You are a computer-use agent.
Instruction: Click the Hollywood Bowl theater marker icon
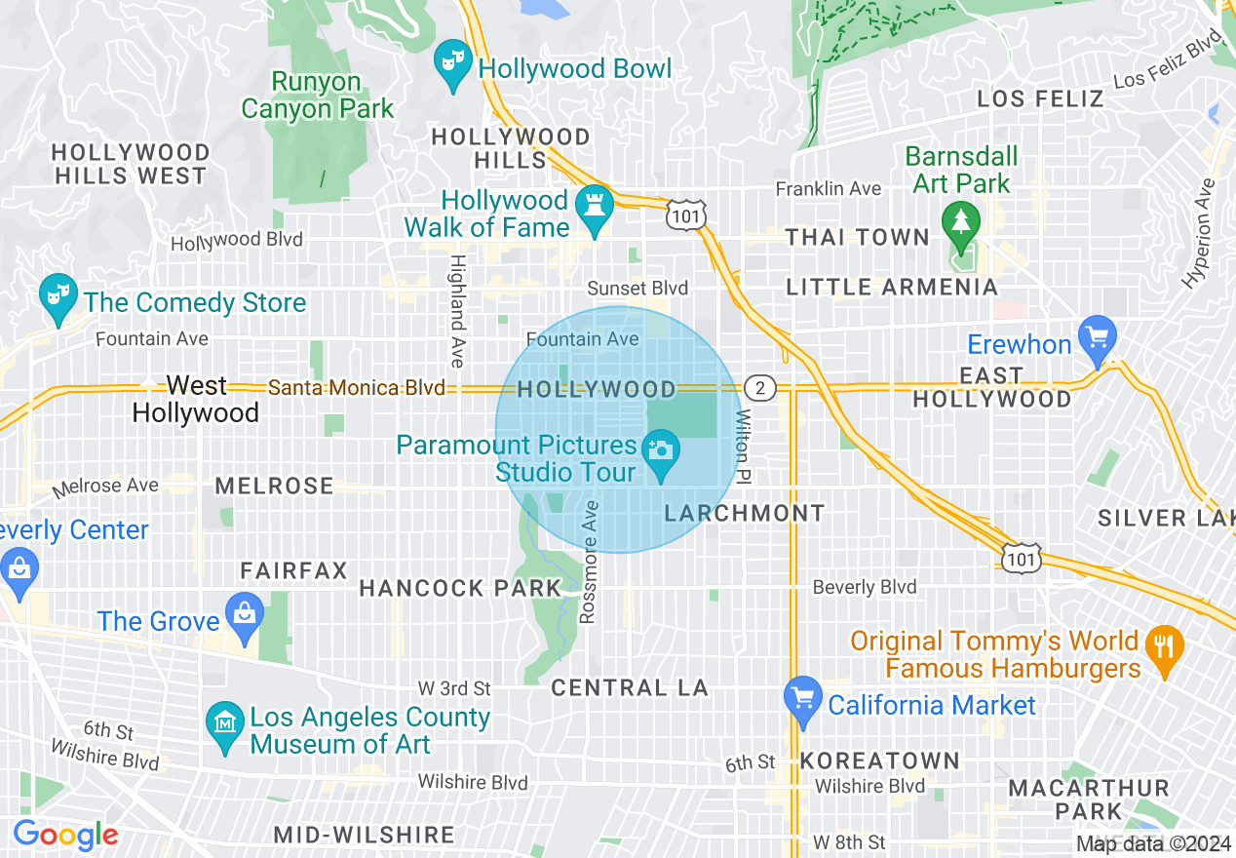pos(451,63)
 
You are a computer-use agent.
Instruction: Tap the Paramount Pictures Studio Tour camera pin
pos(661,453)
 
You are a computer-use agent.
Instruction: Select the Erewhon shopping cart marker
pos(1098,337)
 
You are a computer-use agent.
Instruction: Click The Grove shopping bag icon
pos(244,615)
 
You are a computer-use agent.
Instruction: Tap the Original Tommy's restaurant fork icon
pos(1163,646)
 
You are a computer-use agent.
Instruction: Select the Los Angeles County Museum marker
pos(224,724)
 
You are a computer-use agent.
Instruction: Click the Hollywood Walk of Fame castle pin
pos(592,207)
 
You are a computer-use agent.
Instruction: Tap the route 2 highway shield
pos(760,388)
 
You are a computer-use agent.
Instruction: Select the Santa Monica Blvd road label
pos(357,388)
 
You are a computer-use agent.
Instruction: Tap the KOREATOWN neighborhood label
pos(880,760)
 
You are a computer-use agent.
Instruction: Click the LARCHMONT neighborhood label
pos(745,513)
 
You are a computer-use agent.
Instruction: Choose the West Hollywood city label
pos(196,399)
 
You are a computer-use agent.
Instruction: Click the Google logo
pos(64,836)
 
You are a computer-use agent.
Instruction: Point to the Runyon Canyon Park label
pos(317,96)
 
